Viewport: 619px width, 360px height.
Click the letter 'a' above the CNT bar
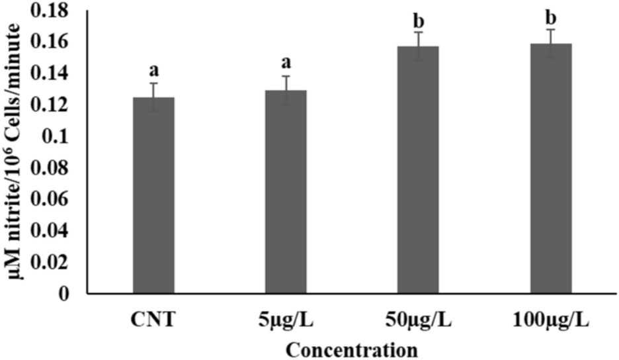[x=153, y=69]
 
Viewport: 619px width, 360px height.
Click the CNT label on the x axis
[x=153, y=321]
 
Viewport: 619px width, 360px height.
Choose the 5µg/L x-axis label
[x=286, y=321]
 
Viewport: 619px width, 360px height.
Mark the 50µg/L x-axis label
[x=418, y=321]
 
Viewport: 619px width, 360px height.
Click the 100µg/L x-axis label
[x=551, y=321]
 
